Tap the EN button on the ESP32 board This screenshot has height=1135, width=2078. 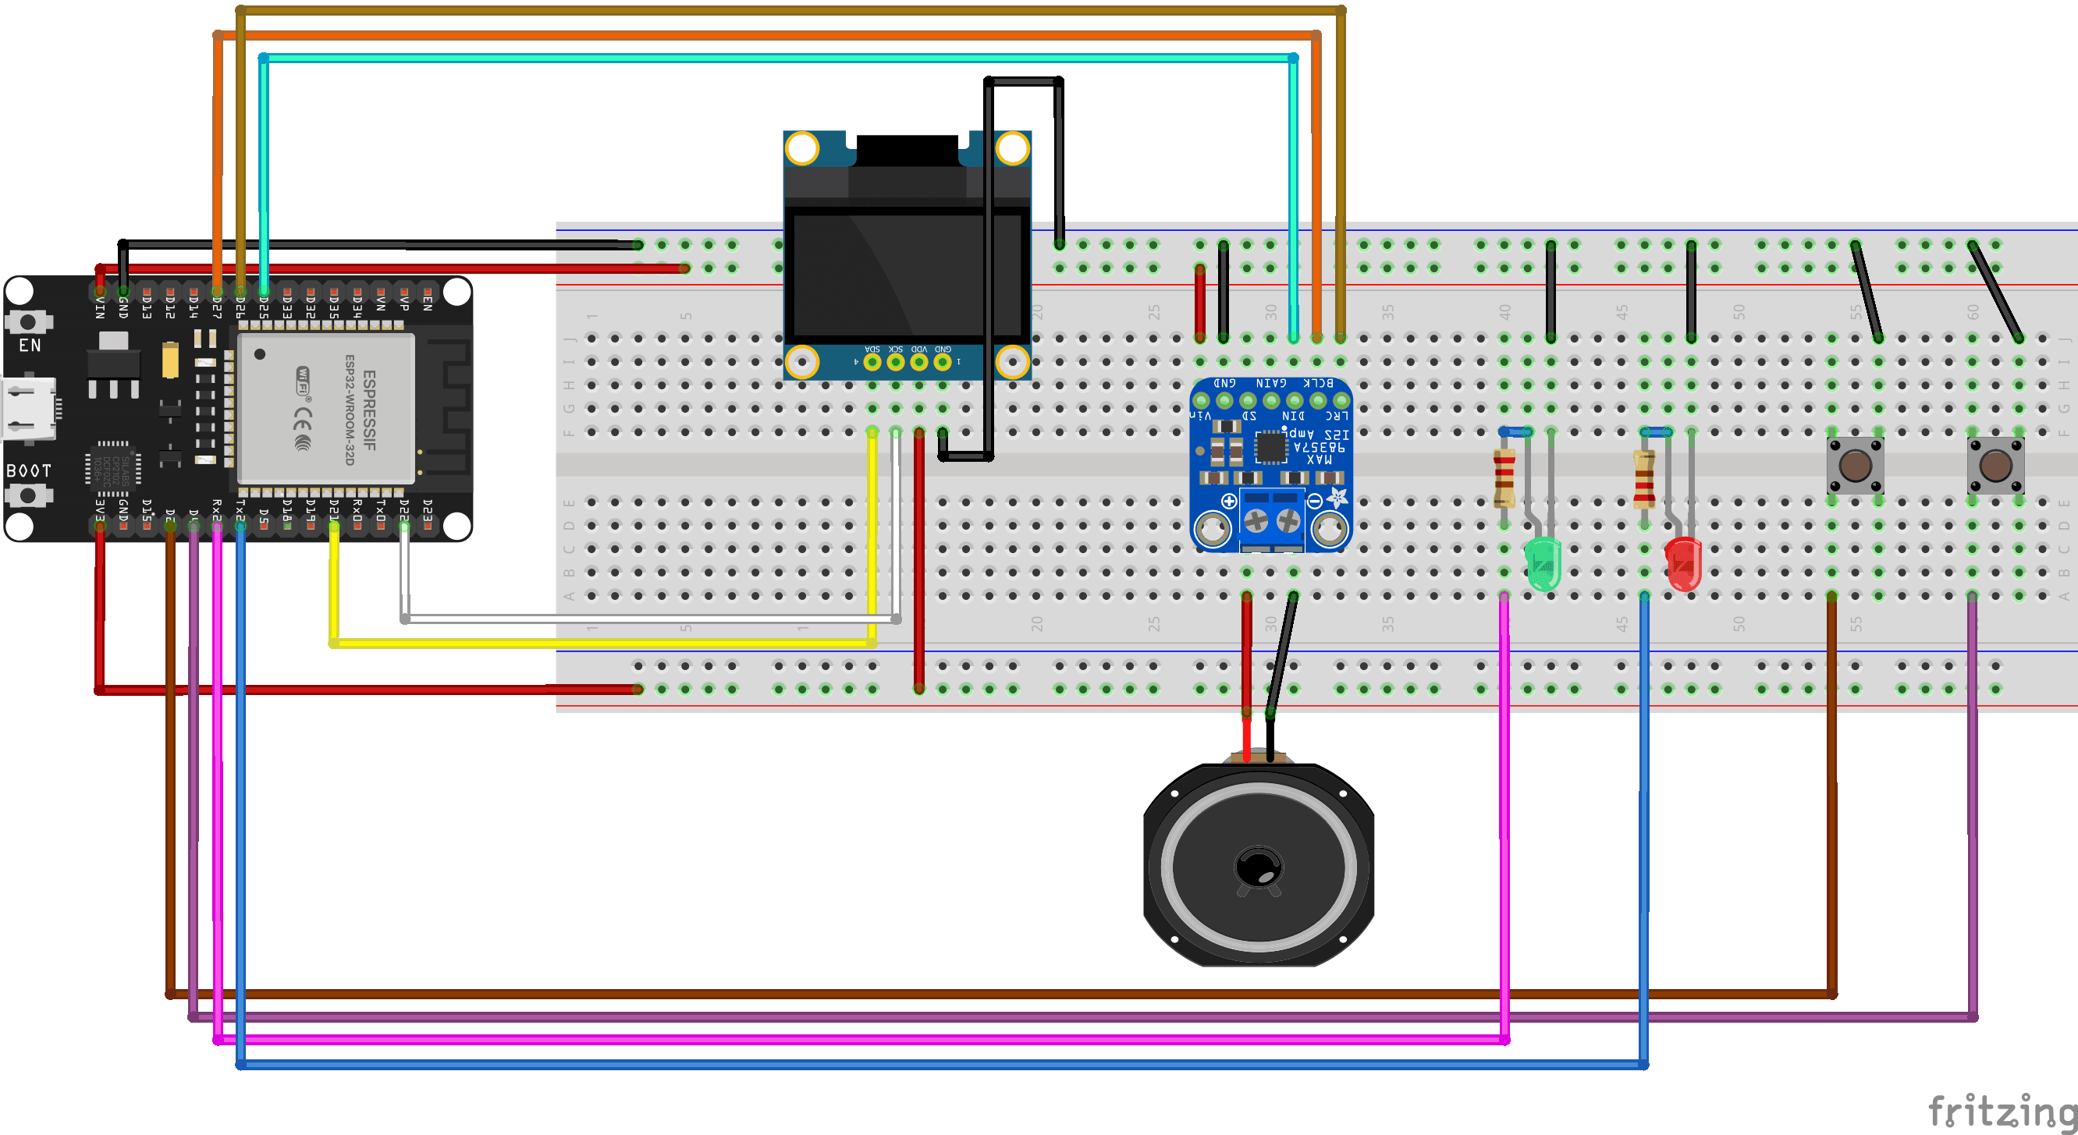28,322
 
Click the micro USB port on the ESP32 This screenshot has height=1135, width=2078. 29,410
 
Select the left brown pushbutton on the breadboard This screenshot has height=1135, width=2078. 1855,466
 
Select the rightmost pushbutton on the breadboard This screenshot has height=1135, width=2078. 1995,466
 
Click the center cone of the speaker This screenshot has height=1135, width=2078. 1258,868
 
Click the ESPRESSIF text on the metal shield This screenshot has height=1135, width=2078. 369,409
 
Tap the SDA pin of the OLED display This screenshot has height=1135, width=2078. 872,362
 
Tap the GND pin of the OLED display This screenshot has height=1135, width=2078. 942,362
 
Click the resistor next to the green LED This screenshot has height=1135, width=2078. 1504,477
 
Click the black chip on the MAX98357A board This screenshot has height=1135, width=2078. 1270,447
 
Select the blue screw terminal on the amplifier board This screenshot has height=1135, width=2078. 1271,520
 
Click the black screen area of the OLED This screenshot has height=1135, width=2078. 907,275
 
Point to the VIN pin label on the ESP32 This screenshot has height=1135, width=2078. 100,307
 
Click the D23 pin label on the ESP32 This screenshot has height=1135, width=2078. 428,509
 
